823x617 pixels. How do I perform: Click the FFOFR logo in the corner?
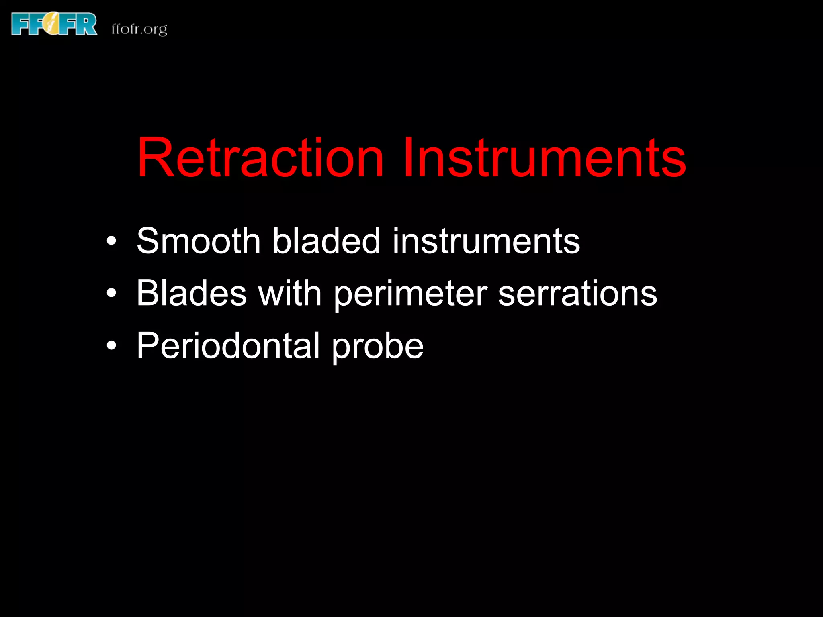[54, 24]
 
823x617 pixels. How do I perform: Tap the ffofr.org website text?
[139, 29]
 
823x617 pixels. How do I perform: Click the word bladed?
[326, 241]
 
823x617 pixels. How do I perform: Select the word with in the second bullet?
[290, 293]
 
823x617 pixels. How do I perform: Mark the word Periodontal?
[228, 345]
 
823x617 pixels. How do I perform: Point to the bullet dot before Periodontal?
[112, 346]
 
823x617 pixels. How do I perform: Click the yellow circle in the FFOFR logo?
[54, 24]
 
